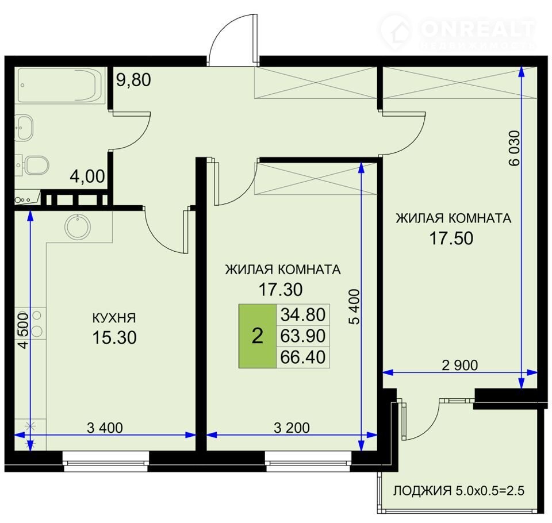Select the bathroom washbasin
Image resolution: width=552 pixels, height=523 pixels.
point(24,128)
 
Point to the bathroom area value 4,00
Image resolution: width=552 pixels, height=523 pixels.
point(87,176)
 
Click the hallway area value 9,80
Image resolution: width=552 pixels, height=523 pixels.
point(133,79)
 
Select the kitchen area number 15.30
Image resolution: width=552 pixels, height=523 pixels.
point(114,337)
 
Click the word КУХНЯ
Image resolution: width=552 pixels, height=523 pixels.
point(114,318)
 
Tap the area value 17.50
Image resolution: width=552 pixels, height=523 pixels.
point(451,239)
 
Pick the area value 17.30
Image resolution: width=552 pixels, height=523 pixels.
point(281,290)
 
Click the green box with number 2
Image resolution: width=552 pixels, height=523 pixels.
point(258,336)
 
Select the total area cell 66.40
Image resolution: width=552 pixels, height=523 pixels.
point(303,357)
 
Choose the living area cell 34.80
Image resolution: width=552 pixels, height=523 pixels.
point(303,314)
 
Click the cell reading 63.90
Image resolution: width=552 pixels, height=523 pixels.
point(303,336)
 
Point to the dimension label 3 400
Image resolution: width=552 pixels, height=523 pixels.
point(105,428)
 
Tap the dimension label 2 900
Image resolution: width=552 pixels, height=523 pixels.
point(460,366)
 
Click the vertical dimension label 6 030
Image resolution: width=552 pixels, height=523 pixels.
point(514,148)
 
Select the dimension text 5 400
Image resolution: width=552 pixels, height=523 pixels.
point(355,306)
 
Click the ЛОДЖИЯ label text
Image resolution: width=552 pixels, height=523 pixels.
point(422,490)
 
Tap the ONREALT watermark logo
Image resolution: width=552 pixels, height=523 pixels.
point(458,32)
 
